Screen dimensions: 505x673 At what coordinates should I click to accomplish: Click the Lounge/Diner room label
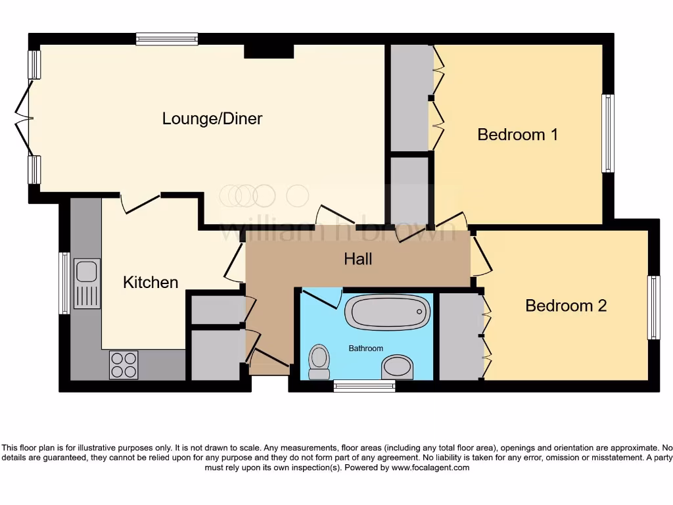click(x=212, y=118)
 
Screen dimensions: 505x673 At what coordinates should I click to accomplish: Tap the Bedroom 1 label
click(x=517, y=135)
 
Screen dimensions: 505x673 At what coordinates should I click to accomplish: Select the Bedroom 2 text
click(x=565, y=306)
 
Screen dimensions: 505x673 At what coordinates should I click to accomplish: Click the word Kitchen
click(x=151, y=282)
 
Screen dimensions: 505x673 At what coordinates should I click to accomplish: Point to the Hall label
click(x=358, y=259)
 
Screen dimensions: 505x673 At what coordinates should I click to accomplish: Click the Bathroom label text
click(x=365, y=349)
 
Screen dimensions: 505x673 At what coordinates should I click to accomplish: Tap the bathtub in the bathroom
click(x=387, y=312)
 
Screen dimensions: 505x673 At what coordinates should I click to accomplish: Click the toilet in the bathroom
click(x=319, y=362)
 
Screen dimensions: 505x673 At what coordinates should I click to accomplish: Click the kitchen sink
click(x=87, y=283)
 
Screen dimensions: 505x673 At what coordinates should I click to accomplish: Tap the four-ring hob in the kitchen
click(x=124, y=365)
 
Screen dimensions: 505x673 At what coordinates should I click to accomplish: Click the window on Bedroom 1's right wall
click(x=608, y=133)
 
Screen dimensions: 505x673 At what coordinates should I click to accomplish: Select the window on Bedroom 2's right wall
click(x=653, y=307)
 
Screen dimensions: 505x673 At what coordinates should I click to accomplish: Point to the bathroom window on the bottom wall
click(x=364, y=386)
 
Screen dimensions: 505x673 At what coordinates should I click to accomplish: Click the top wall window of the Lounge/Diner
click(x=167, y=39)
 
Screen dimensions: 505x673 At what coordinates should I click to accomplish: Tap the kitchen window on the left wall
click(x=64, y=283)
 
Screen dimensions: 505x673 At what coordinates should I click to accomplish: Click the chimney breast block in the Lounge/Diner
click(x=269, y=51)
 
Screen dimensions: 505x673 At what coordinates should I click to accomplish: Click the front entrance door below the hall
click(x=269, y=363)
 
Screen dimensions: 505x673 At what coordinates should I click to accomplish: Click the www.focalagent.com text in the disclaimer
click(x=430, y=468)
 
